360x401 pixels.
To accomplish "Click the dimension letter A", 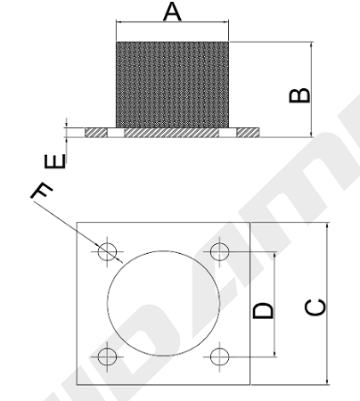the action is pyautogui.click(x=172, y=12).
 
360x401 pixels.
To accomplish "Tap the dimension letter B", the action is pyautogui.click(x=299, y=95).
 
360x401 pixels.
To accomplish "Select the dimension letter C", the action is pyautogui.click(x=315, y=307).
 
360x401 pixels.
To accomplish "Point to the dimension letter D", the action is pyautogui.click(x=263, y=310).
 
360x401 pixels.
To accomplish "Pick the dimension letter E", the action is pyautogui.click(x=55, y=161).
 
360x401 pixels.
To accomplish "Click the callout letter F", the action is pyautogui.click(x=42, y=191).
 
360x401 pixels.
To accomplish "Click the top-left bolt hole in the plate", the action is pyautogui.click(x=107, y=251).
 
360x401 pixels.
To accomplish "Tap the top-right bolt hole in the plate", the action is pyautogui.click(x=219, y=251).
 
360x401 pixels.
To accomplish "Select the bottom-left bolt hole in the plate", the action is pyautogui.click(x=107, y=356).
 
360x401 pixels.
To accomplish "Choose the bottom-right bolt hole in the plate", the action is pyautogui.click(x=219, y=356).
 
